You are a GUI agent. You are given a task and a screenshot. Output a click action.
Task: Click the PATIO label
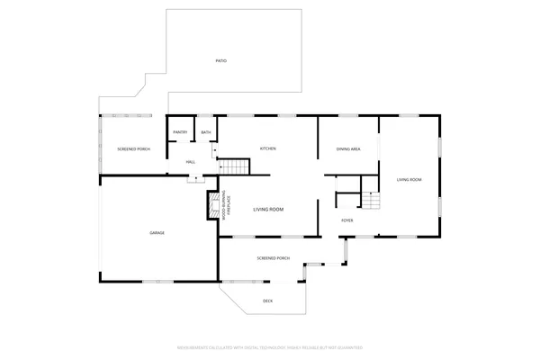220,60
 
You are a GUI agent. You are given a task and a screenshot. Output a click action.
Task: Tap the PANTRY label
180,133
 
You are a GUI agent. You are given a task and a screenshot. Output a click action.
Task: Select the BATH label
206,133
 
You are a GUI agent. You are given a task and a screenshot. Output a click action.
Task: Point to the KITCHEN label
267,148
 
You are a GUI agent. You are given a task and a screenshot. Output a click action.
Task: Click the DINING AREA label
348,148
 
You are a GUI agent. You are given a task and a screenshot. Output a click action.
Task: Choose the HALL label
191,162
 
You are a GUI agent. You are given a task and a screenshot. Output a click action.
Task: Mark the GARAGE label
157,233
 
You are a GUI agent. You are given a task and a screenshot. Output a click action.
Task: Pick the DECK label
267,301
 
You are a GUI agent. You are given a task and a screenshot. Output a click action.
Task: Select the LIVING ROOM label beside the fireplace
268,209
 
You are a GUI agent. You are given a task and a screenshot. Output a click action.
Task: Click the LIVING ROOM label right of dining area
409,180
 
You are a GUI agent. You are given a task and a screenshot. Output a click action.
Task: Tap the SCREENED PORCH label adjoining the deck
273,258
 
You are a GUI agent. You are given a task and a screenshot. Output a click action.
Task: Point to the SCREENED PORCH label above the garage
132,148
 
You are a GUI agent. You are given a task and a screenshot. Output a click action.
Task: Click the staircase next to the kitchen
235,166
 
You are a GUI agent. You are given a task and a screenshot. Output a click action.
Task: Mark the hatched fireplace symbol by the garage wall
214,208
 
